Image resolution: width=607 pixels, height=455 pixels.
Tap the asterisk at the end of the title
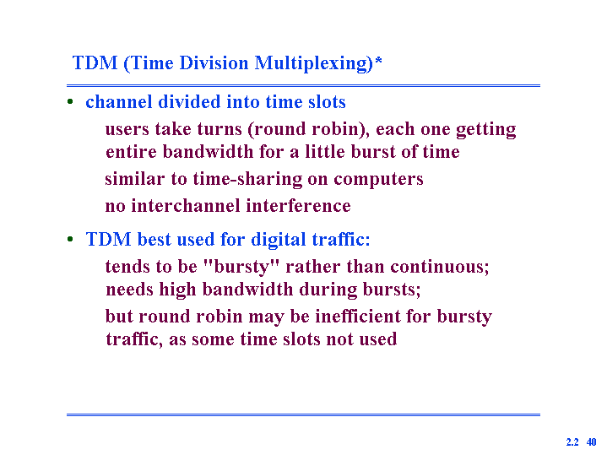[378, 61]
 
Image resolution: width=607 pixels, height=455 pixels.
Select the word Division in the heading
[214, 62]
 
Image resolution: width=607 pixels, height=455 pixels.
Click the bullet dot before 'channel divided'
[70, 102]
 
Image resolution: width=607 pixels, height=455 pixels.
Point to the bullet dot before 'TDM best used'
[70, 239]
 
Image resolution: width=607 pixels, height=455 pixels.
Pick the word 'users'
[127, 129]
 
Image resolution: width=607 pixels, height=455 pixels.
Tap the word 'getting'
[485, 130]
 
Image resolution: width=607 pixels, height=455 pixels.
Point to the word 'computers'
[378, 180]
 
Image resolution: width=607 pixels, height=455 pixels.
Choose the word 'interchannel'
[186, 206]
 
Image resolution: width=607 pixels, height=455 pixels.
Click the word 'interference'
[298, 206]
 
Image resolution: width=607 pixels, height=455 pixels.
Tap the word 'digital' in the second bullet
[279, 240]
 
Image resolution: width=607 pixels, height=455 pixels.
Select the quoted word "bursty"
[241, 268]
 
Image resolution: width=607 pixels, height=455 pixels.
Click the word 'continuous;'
[439, 267]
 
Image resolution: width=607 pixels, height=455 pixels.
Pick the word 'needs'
[129, 290]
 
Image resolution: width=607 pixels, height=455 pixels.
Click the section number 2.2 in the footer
[572, 442]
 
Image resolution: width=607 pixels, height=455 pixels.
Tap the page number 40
[591, 442]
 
